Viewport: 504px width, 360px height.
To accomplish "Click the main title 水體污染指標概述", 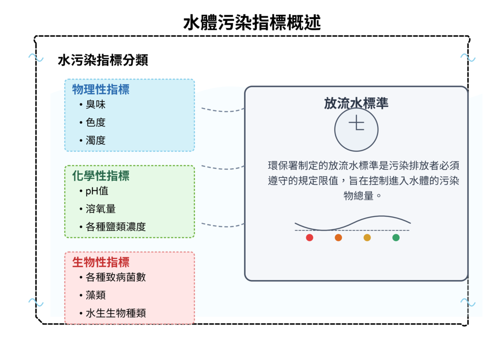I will coord(252,23).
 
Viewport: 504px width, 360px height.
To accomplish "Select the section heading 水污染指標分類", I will coord(103,61).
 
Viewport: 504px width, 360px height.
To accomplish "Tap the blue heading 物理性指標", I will coord(101,90).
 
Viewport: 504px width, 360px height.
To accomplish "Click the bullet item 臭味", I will coord(95,105).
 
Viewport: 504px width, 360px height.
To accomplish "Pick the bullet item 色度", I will coord(95,123).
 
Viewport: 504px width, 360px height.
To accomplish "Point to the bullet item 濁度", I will coord(95,140).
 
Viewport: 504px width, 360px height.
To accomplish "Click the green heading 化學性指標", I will coord(101,176).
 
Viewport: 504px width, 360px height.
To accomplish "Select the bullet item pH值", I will coord(97,191).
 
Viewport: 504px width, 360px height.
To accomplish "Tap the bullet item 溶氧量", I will coord(100,209).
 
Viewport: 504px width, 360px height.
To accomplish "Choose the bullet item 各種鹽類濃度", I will coord(116,227).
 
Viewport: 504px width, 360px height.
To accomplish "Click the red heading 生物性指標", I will coord(101,262).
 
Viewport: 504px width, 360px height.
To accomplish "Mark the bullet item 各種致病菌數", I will coord(116,277).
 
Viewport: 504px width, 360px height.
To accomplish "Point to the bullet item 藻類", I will coord(95,295).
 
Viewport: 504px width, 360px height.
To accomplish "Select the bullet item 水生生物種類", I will coord(116,313).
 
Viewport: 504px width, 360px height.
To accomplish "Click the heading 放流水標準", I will coord(356,103).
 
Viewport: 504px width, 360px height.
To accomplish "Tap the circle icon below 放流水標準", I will coord(356,130).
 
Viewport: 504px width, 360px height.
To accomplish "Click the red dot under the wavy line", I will coord(310,238).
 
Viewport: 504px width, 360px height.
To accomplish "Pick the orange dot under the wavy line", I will coord(338,238).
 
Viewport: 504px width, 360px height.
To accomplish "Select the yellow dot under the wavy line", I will coord(367,238).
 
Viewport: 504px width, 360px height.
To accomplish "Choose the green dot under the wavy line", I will coord(396,238).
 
